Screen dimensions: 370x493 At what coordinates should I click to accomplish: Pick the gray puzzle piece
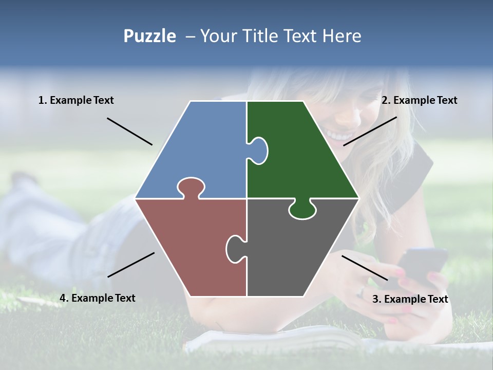pos(298,252)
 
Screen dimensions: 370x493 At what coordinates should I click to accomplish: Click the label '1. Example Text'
pos(76,101)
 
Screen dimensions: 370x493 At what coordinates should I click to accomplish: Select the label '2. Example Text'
pos(419,101)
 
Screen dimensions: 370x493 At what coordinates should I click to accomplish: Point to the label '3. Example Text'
pos(410,299)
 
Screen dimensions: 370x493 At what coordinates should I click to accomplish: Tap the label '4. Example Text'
pos(98,298)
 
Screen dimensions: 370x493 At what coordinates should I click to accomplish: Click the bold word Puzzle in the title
pos(149,36)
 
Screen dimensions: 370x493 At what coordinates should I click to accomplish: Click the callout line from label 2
pos(370,131)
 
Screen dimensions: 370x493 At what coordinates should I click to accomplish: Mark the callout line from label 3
pos(365,268)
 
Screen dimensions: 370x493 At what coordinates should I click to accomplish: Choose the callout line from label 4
pos(131,265)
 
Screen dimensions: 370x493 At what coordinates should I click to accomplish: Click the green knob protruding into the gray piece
pos(302,209)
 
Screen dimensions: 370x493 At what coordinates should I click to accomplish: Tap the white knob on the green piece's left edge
pos(258,151)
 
